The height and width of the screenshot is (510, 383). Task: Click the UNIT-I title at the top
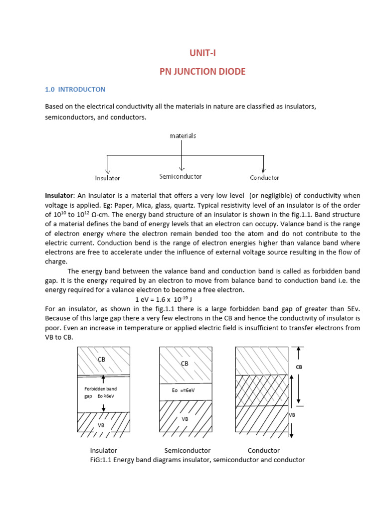(x=202, y=53)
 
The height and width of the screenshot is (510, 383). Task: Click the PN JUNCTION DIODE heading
(x=202, y=72)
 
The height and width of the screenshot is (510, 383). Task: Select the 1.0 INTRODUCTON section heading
(x=75, y=90)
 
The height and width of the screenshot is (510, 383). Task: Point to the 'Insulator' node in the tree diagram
(x=107, y=178)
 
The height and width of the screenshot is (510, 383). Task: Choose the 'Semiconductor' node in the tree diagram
(x=181, y=176)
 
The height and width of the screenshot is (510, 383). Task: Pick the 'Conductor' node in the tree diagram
(x=264, y=177)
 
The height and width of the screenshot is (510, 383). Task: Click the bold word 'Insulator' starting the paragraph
(x=59, y=196)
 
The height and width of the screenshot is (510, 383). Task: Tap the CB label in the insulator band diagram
(x=101, y=359)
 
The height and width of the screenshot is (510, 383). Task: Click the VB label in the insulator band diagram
(x=101, y=426)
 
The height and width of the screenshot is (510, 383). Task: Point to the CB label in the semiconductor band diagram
(x=185, y=364)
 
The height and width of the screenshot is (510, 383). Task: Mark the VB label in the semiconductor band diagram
(x=185, y=419)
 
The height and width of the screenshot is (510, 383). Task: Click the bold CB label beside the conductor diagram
(x=299, y=367)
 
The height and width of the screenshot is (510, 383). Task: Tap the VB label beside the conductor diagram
(x=293, y=414)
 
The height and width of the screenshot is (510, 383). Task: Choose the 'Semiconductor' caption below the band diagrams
(x=188, y=451)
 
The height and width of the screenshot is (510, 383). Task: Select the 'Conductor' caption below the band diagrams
(x=264, y=451)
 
